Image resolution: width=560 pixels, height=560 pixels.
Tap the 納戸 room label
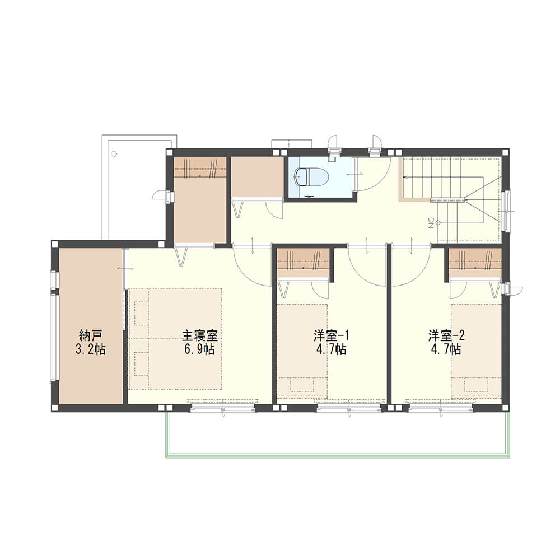point(90,335)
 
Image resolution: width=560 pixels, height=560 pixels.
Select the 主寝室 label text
point(200,335)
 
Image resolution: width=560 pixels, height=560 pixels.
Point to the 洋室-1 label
point(331,335)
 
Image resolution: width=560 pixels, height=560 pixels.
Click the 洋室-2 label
point(446,335)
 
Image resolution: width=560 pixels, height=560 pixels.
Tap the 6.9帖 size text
point(199,349)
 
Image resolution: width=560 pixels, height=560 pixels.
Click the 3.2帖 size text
point(90,349)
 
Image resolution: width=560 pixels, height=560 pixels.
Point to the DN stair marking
point(430,223)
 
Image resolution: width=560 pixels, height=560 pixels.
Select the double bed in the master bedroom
point(175,339)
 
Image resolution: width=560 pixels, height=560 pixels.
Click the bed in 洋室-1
point(302,351)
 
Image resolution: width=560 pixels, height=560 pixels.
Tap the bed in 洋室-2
point(476,351)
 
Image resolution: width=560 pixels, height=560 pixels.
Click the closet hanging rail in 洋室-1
point(303,267)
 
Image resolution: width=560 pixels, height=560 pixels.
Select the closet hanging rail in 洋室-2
point(475,267)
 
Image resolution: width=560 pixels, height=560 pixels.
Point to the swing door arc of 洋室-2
point(421,274)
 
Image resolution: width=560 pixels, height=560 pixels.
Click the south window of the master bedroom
point(222,408)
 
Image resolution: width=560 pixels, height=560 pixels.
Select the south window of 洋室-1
point(349,408)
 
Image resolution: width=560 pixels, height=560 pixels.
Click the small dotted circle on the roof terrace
point(114,154)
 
